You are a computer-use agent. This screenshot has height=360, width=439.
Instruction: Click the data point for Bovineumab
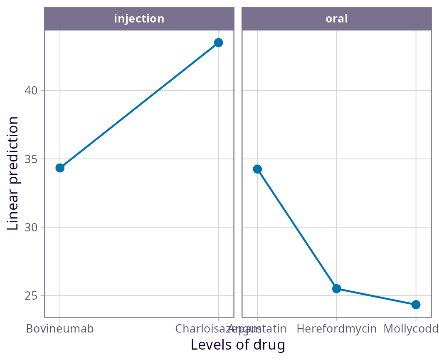60,168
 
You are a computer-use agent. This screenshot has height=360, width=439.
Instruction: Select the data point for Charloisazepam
218,42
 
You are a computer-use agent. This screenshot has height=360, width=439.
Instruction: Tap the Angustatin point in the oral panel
257,169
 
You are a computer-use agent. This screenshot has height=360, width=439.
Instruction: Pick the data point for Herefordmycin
337,288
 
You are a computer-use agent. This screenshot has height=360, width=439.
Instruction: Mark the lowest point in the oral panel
416,305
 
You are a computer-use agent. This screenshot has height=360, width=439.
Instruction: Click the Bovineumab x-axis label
60,329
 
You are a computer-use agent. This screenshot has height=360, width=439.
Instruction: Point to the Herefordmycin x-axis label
337,329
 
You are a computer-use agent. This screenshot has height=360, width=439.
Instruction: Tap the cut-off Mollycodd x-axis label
411,329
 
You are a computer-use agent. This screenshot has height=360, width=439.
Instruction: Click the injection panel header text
139,19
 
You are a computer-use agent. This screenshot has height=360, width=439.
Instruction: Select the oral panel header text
337,19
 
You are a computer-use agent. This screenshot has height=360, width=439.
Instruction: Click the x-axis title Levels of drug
238,345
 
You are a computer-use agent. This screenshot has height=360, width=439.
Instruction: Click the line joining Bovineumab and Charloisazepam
139,105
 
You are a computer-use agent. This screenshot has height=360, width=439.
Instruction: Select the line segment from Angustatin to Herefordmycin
297,228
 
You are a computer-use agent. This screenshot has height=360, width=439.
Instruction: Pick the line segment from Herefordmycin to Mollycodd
376,297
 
